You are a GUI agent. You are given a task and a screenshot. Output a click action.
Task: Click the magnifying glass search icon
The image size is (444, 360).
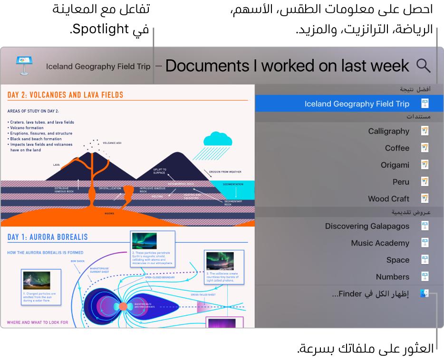click(423, 66)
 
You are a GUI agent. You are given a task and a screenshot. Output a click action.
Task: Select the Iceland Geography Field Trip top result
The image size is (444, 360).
click(357, 104)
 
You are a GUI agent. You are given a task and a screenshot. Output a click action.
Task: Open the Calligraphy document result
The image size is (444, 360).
click(388, 131)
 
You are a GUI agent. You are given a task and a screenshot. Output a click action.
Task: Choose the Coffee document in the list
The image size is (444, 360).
click(397, 148)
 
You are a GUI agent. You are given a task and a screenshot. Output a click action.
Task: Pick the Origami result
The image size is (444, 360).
click(395, 165)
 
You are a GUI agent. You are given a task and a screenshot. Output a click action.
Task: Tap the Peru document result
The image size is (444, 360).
click(401, 182)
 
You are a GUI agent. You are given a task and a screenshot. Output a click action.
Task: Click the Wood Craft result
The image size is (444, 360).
click(388, 199)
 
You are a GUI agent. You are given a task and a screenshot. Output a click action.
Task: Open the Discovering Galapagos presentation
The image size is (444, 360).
click(367, 226)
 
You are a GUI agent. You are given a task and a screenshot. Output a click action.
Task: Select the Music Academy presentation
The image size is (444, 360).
click(380, 243)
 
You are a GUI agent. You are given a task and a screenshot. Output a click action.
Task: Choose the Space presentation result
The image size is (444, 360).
click(397, 260)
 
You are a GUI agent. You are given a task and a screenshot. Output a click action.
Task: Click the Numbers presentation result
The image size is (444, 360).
click(392, 277)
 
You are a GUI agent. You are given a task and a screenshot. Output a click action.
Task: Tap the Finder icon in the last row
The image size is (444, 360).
click(425, 294)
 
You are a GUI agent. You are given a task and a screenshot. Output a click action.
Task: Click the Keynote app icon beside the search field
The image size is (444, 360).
click(23, 66)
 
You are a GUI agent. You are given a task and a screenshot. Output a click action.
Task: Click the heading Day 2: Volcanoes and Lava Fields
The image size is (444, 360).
click(65, 95)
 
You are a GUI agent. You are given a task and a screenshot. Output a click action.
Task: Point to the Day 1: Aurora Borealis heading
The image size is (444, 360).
click(48, 237)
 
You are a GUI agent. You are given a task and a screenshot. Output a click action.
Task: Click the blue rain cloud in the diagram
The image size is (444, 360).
click(218, 139)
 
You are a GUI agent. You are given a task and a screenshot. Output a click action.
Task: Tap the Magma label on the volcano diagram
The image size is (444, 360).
click(109, 214)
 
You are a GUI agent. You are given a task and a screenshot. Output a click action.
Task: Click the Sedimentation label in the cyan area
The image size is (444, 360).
click(233, 184)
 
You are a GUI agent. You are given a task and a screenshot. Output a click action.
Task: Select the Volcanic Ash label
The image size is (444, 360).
click(112, 142)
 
